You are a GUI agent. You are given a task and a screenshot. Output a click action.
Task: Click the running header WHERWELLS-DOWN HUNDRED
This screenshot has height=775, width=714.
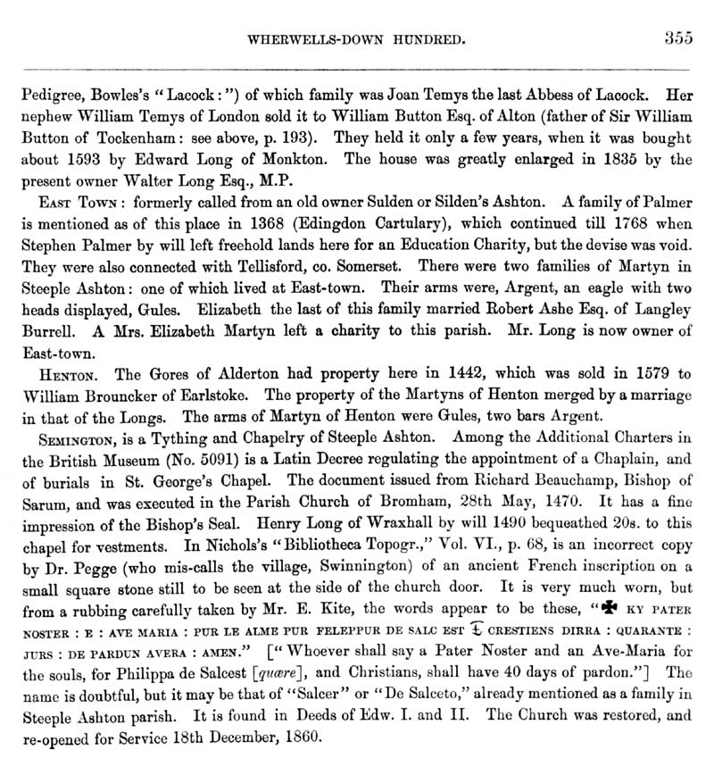point(360,40)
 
